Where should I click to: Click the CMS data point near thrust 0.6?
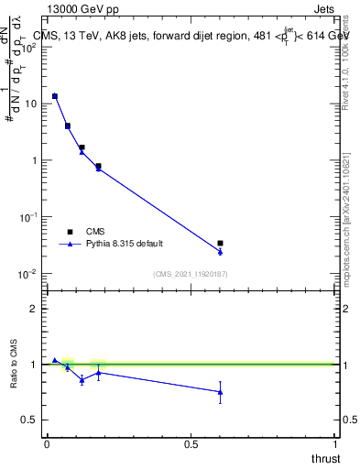(220, 244)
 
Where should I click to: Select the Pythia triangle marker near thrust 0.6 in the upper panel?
(220, 252)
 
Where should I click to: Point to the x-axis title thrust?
(324, 458)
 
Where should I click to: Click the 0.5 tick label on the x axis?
(191, 444)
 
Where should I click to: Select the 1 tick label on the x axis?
(335, 444)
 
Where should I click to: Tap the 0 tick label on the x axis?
(47, 444)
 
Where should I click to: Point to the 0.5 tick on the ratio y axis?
(33, 420)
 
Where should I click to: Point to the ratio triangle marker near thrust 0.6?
(220, 392)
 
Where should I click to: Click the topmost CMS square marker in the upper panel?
(55, 96)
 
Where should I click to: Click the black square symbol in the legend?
(70, 232)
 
